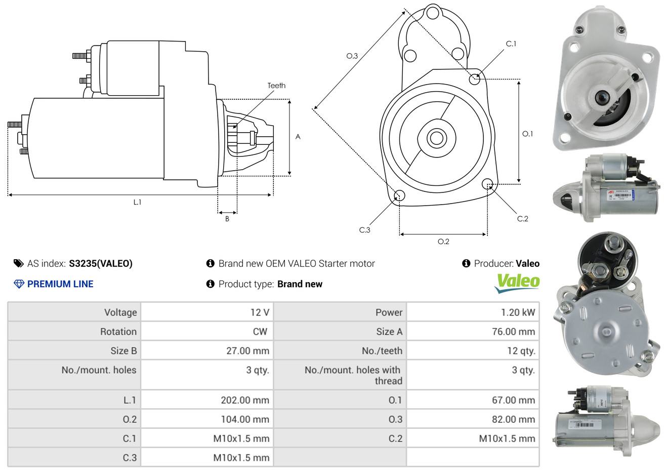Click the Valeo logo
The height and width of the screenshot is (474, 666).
[517, 283]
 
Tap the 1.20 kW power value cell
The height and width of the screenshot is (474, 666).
[518, 312]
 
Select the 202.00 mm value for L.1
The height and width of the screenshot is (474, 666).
[245, 400]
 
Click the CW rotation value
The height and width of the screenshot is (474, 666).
[260, 332]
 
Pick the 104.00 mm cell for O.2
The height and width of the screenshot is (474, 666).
[245, 419]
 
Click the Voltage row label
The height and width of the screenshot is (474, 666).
[120, 312]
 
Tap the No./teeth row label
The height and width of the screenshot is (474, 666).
[382, 350]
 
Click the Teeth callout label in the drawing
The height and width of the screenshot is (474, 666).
[276, 86]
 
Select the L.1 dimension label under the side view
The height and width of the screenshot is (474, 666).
[137, 202]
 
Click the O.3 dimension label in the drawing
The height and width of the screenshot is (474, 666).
[352, 56]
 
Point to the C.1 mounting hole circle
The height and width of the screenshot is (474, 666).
[475, 79]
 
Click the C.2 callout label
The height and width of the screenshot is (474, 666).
[522, 219]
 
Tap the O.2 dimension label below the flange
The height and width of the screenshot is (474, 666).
[443, 242]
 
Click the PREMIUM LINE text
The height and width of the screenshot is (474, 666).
[60, 284]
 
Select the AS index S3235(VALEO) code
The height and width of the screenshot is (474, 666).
[101, 263]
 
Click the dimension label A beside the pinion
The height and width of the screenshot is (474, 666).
[298, 137]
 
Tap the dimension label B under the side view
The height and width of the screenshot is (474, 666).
[227, 219]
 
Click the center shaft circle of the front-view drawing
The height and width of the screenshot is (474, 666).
[435, 138]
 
